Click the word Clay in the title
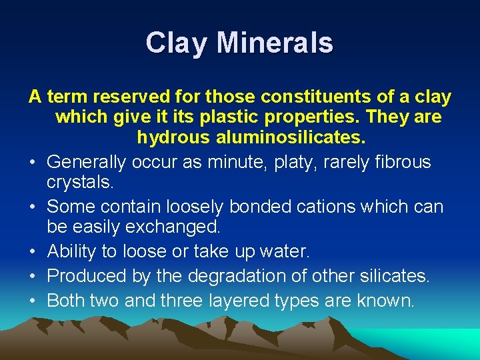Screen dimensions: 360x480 tap(175, 43)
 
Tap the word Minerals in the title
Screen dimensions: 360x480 tap(275, 43)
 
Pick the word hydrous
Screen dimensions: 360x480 tap(172, 138)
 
